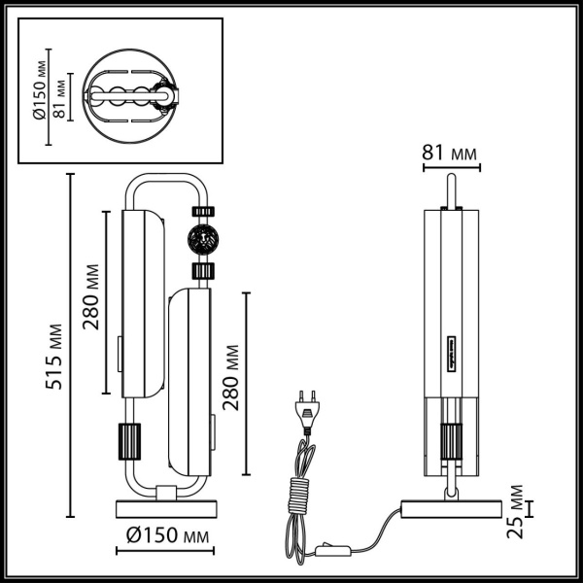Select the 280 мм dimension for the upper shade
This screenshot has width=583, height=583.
coord(90,296)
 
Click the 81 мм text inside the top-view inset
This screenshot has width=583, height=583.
coord(59,97)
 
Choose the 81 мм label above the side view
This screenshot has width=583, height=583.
coord(451,152)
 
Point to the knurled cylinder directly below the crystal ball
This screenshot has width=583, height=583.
coord(202,271)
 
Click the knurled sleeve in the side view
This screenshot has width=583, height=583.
coord(450,439)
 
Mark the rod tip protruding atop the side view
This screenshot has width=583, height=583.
coord(450,187)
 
